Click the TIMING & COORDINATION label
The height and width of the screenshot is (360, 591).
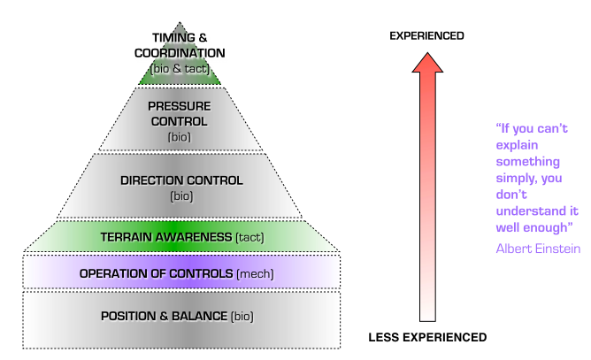180,44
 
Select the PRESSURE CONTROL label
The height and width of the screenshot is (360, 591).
179,114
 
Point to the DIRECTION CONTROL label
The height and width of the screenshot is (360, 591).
181,180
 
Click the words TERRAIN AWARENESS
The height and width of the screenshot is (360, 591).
166,237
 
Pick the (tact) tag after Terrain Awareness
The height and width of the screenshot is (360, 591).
249,237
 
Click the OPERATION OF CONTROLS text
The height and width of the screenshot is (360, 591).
157,274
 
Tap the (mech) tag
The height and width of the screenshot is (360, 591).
255,274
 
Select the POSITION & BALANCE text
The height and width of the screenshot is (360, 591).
164,316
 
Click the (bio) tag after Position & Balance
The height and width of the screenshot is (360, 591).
243,316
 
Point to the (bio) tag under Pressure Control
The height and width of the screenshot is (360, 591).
179,137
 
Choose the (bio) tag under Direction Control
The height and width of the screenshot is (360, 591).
181,195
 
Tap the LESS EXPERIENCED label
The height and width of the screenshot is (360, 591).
427,337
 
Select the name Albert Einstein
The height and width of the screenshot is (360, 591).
538,249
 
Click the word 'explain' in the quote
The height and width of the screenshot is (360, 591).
517,144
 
